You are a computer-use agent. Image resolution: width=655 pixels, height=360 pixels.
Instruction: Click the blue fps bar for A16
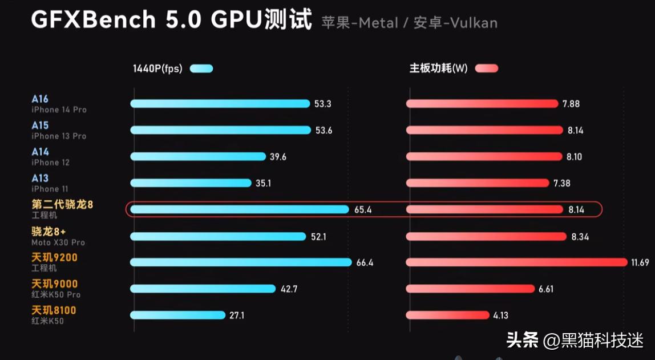(x=220, y=104)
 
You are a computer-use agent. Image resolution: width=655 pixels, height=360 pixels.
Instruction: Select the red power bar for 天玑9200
(x=516, y=262)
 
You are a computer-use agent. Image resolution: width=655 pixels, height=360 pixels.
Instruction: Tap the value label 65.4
(x=363, y=210)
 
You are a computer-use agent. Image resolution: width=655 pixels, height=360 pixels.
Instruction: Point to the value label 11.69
(x=641, y=262)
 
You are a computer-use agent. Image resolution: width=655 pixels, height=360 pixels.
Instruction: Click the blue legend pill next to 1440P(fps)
(x=201, y=69)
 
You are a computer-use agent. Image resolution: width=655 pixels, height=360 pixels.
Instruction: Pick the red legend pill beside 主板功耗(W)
(x=486, y=69)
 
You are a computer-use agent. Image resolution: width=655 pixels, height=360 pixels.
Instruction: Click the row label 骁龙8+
(x=48, y=231)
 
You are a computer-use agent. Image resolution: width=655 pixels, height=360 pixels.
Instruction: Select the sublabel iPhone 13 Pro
(x=59, y=136)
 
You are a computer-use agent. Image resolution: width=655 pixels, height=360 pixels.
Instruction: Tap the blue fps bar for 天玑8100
(x=177, y=315)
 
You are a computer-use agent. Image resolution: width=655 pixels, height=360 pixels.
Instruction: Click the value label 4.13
(x=500, y=315)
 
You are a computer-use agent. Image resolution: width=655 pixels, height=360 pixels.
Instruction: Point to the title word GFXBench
(x=93, y=20)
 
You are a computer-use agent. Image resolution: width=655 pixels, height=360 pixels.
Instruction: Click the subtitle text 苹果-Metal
(x=359, y=23)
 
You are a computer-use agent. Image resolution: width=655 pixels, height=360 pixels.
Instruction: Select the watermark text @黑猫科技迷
(x=593, y=341)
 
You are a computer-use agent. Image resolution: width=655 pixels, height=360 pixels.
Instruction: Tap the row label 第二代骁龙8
(x=62, y=204)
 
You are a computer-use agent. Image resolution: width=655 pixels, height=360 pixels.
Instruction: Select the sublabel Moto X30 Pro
(x=58, y=242)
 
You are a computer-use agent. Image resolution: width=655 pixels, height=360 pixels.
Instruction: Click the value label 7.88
(x=571, y=104)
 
